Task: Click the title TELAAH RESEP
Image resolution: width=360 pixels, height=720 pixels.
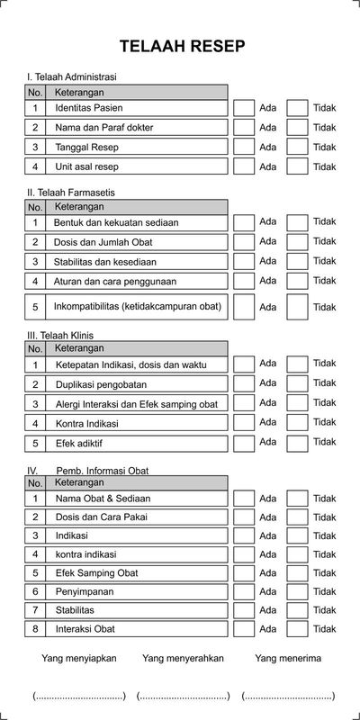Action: pyautogui.click(x=181, y=47)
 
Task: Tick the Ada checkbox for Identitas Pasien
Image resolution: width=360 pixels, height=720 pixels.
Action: pyautogui.click(x=244, y=108)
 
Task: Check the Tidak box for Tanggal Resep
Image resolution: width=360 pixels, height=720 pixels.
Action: pyautogui.click(x=297, y=147)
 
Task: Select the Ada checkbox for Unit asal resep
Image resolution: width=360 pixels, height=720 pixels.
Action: pyautogui.click(x=244, y=166)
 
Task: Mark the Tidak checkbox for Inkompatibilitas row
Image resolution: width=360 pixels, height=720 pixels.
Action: pyautogui.click(x=297, y=307)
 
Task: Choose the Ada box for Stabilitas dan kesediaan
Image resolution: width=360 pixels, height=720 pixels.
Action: pyautogui.click(x=244, y=262)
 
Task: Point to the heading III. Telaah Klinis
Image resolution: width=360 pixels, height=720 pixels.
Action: pyautogui.click(x=60, y=335)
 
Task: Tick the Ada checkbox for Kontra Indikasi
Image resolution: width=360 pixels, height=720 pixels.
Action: pyautogui.click(x=244, y=423)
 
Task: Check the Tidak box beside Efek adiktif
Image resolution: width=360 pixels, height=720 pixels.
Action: pyautogui.click(x=297, y=443)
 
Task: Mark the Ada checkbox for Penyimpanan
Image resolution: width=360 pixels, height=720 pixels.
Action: pyautogui.click(x=244, y=592)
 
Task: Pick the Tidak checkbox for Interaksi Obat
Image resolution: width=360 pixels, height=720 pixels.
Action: pyautogui.click(x=297, y=629)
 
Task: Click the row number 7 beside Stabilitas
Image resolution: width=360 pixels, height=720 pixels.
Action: pyautogui.click(x=35, y=610)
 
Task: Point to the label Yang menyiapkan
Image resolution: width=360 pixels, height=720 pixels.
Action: pyautogui.click(x=79, y=659)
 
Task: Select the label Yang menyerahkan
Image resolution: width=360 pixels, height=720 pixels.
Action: pyautogui.click(x=183, y=659)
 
